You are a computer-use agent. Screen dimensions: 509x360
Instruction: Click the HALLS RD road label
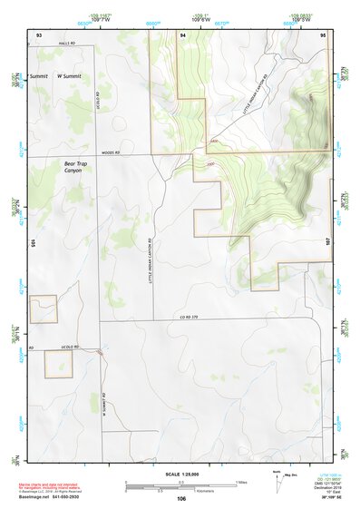click(x=64, y=43)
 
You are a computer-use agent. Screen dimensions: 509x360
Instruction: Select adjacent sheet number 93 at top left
click(x=39, y=34)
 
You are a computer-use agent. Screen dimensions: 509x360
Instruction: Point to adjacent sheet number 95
click(x=323, y=34)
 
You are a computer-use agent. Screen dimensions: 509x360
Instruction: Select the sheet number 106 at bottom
click(x=181, y=498)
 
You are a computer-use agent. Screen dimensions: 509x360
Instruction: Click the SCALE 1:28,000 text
click(x=180, y=475)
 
